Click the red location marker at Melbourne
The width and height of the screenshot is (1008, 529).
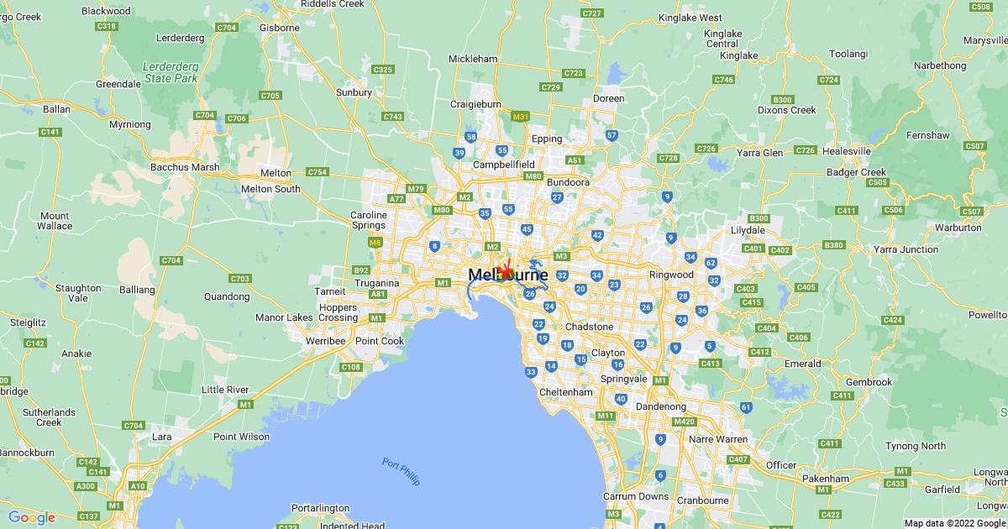click(505, 272)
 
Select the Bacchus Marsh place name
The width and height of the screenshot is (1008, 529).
click(185, 167)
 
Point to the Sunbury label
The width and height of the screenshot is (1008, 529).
click(354, 92)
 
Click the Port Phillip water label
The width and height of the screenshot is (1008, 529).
click(401, 471)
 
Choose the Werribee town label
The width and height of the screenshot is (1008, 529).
click(326, 341)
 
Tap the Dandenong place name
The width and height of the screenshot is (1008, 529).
click(660, 406)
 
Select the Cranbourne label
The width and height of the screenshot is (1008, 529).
click(702, 500)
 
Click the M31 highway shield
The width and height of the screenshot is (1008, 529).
click(521, 117)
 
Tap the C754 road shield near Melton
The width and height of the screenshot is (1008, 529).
click(318, 172)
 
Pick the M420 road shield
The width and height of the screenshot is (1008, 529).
click(685, 422)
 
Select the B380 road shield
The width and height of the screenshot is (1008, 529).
click(833, 245)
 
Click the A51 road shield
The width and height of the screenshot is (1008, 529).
click(575, 160)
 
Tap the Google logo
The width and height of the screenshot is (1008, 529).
click(32, 517)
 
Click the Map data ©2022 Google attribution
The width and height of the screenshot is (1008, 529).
click(954, 523)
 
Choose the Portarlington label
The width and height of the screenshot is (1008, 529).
click(320, 508)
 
